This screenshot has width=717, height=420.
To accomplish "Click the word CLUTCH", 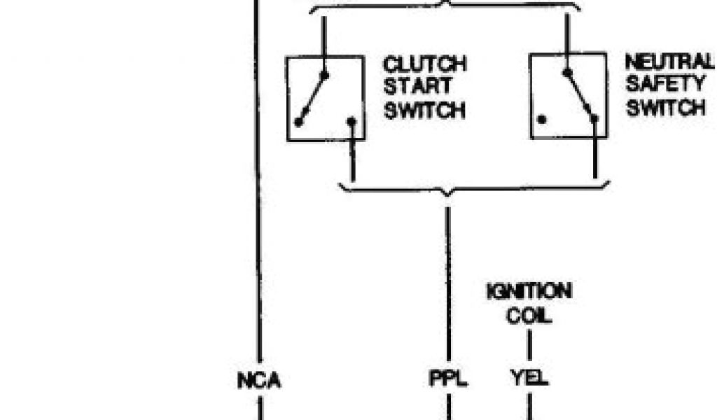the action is point(424,64).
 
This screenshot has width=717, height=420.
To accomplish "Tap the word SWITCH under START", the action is point(424,111).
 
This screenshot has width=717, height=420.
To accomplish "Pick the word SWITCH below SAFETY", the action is point(665,108).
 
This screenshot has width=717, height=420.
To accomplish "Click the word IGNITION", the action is point(529,291).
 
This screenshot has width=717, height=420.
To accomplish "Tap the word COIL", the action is point(529,316).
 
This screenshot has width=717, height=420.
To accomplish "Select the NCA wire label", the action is point(258,381).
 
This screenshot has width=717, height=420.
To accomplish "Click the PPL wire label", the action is point(447,380).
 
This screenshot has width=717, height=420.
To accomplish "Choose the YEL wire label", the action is point(529,380).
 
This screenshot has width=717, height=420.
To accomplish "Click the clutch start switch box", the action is point(325,99).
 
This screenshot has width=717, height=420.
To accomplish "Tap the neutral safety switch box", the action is point(568,95).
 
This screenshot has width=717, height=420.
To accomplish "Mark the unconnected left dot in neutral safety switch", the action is point(542,119).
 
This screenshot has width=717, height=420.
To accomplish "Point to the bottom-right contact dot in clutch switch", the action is point(351,121).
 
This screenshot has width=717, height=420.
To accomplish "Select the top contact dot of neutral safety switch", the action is point(567,71).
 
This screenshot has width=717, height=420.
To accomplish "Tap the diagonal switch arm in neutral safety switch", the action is point(580,94).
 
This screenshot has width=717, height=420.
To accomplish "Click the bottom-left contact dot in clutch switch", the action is point(299,122).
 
